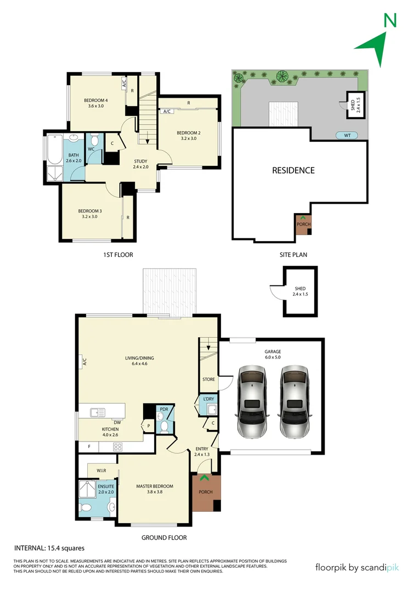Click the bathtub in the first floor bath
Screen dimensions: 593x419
[54, 149]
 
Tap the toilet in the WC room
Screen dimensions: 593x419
[94, 140]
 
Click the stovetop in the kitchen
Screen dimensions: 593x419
[117, 447]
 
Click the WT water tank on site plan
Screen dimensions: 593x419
[347, 135]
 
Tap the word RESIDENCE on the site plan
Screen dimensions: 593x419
[293, 170]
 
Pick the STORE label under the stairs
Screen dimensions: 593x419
[208, 379]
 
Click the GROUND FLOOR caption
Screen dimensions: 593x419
[164, 538]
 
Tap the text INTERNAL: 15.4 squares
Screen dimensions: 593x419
[49, 548]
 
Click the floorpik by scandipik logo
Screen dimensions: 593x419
[357, 567]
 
